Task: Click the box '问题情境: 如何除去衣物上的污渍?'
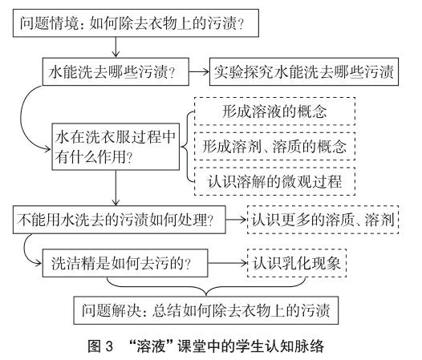tap(136, 23)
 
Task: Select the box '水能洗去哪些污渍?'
tap(116, 72)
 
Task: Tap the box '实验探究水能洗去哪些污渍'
tap(304, 72)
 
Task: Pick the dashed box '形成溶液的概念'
tap(275, 111)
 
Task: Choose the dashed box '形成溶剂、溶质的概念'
tap(275, 147)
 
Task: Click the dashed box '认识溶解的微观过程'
tap(275, 181)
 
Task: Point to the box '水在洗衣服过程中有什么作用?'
tap(116, 147)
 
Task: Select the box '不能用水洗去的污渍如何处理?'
tap(120, 220)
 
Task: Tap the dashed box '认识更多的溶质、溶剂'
tap(323, 220)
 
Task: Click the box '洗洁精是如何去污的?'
tap(125, 263)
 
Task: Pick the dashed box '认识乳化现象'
tap(297, 263)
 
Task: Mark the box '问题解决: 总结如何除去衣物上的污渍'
tap(206, 310)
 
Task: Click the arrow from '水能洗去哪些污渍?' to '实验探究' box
tap(199, 72)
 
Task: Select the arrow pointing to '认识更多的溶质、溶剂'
tap(237, 220)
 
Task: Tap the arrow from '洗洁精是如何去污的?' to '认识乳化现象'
tap(227, 263)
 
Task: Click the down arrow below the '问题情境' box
tap(116, 47)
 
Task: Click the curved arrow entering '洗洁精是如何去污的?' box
tap(25, 250)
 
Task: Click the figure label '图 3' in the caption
tap(100, 346)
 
